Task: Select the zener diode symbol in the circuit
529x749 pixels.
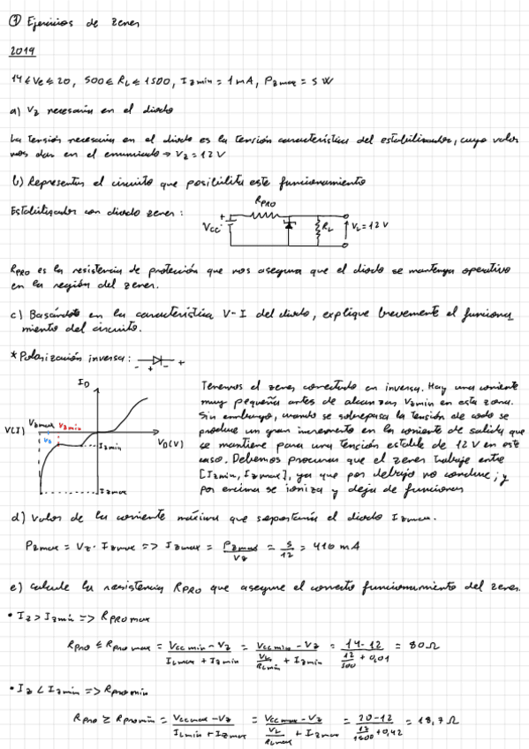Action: point(288,228)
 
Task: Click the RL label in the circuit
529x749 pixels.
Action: point(328,228)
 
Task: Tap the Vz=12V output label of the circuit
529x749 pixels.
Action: point(369,225)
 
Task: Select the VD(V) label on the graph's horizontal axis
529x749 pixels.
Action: point(171,442)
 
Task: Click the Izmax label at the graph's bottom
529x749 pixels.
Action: point(110,491)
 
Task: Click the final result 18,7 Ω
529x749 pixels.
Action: point(439,720)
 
